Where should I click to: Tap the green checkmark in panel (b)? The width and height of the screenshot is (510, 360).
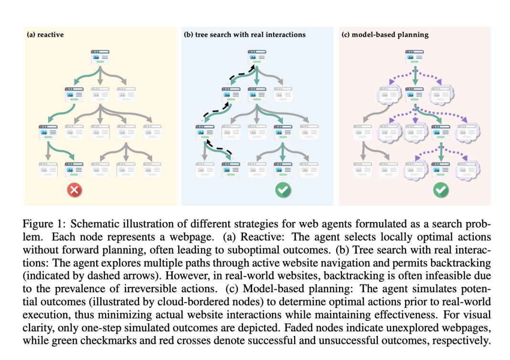[x=283, y=191]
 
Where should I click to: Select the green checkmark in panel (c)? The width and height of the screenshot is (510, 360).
[x=440, y=191]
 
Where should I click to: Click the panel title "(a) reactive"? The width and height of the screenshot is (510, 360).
[x=45, y=35]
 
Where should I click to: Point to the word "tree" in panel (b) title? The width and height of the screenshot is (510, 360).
[x=203, y=35]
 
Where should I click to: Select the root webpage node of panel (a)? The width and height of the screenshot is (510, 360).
[x=100, y=56]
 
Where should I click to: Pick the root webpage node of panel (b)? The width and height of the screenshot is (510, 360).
[x=257, y=56]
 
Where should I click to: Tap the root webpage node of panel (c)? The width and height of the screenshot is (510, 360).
[x=414, y=56]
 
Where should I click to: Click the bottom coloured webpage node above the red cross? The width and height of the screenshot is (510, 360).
[x=74, y=169]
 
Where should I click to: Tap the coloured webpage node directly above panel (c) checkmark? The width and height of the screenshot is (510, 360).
[x=440, y=169]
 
